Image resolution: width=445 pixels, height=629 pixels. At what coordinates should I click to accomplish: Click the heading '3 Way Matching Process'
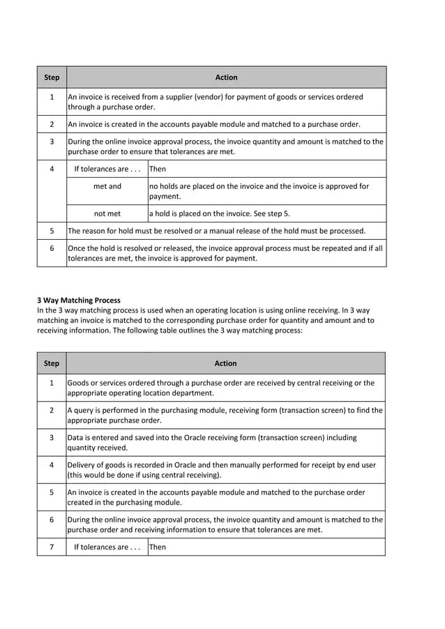point(78,301)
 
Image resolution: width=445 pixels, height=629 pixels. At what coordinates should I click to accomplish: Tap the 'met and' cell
point(107,186)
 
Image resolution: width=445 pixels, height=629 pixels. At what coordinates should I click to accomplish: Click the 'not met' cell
point(107,213)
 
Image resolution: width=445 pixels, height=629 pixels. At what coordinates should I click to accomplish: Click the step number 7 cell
point(52,547)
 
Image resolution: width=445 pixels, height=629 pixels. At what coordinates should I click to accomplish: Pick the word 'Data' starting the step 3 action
point(76,438)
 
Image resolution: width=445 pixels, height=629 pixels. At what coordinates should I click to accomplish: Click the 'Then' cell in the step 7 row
point(158,547)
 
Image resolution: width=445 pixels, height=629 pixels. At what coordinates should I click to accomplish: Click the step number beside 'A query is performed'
point(52,410)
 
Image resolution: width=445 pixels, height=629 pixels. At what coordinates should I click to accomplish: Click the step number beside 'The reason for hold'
point(52,231)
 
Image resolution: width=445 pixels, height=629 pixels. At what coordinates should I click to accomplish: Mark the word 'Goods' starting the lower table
point(79,383)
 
